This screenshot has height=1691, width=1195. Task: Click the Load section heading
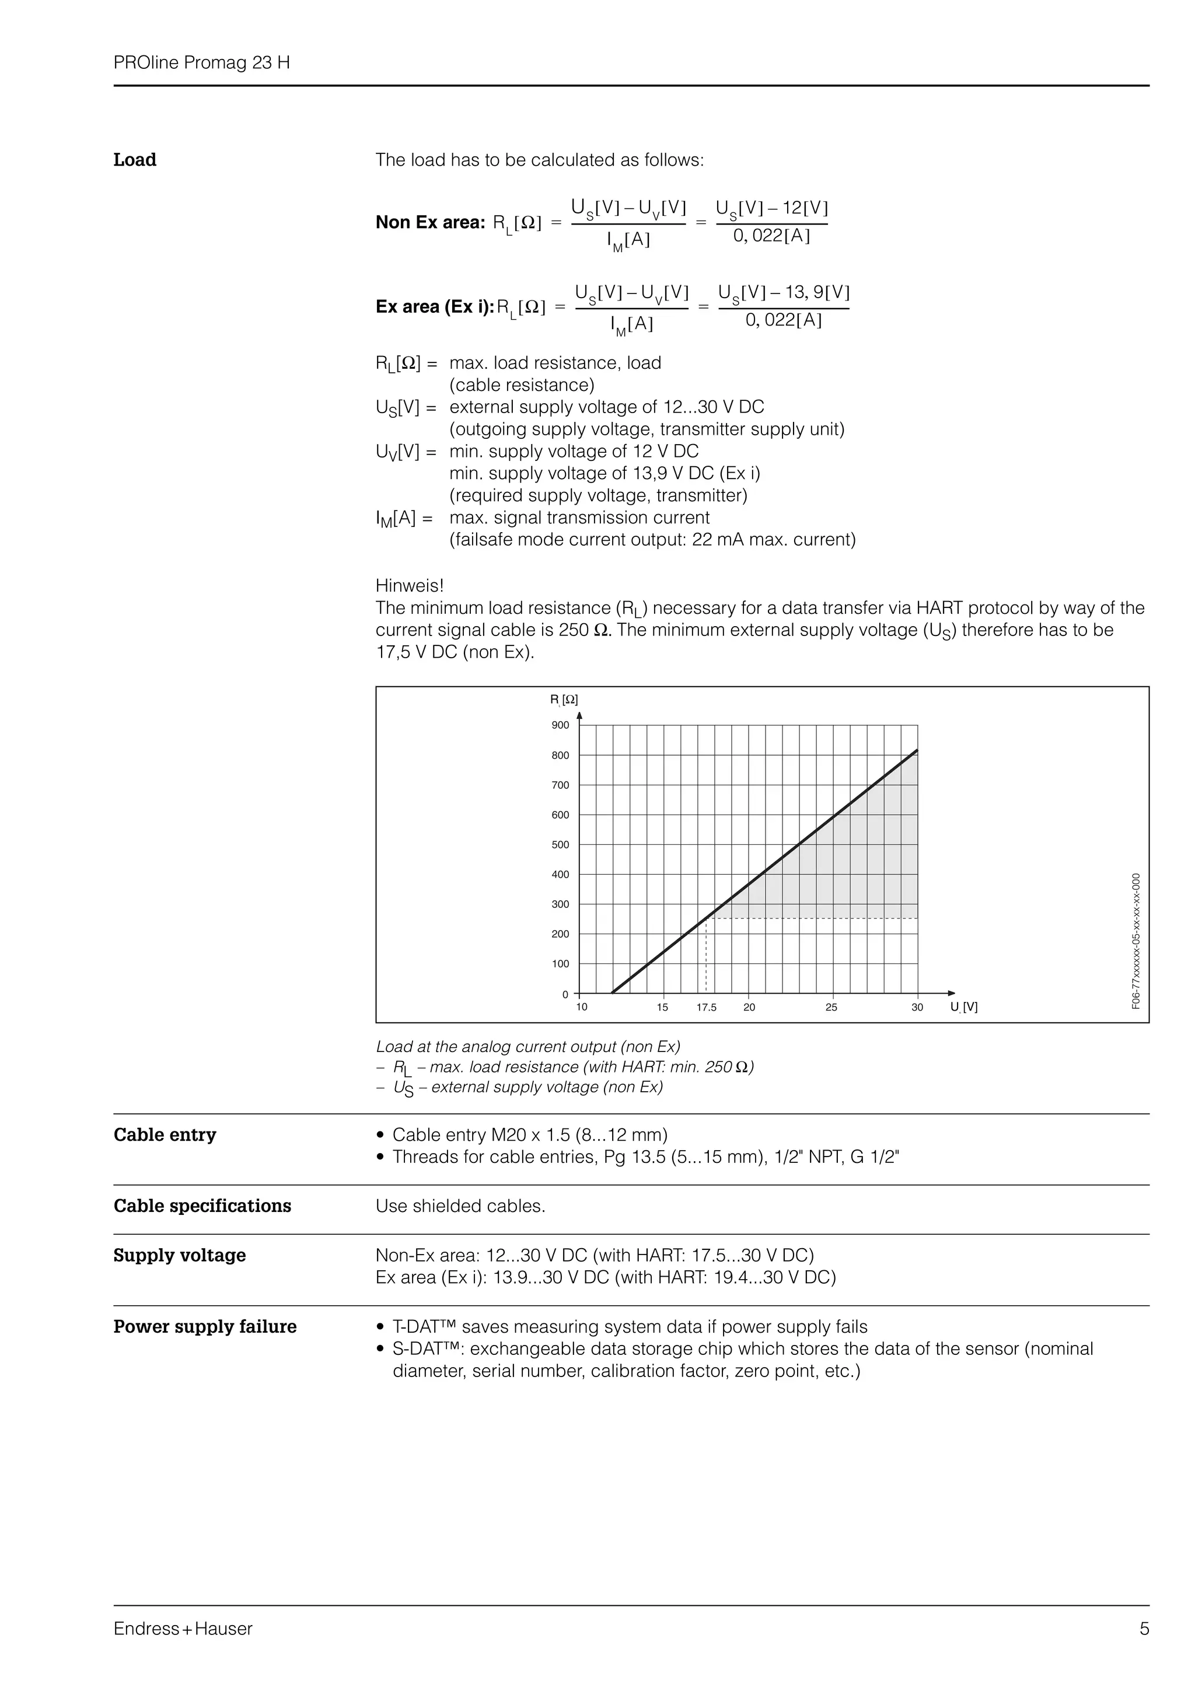pyautogui.click(x=135, y=160)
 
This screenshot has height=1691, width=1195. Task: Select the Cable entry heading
pyautogui.click(x=165, y=1134)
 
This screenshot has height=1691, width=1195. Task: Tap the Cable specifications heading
pyautogui.click(x=202, y=1206)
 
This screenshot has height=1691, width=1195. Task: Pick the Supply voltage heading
pyautogui.click(x=180, y=1255)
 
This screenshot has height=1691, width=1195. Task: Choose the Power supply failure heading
pyautogui.click(x=205, y=1326)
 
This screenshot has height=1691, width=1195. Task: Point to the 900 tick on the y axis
pyautogui.click(x=560, y=725)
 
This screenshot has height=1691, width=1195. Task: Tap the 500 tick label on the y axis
pyautogui.click(x=560, y=845)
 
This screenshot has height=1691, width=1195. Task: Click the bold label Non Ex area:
pyautogui.click(x=430, y=222)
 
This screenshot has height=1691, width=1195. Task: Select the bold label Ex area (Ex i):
pyautogui.click(x=434, y=306)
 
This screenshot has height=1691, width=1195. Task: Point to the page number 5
pyautogui.click(x=1144, y=1629)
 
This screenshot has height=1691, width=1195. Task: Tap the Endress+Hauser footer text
pyautogui.click(x=183, y=1629)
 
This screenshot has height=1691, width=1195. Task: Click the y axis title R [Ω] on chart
pyautogui.click(x=564, y=700)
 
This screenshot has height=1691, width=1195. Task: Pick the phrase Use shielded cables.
pyautogui.click(x=460, y=1206)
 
